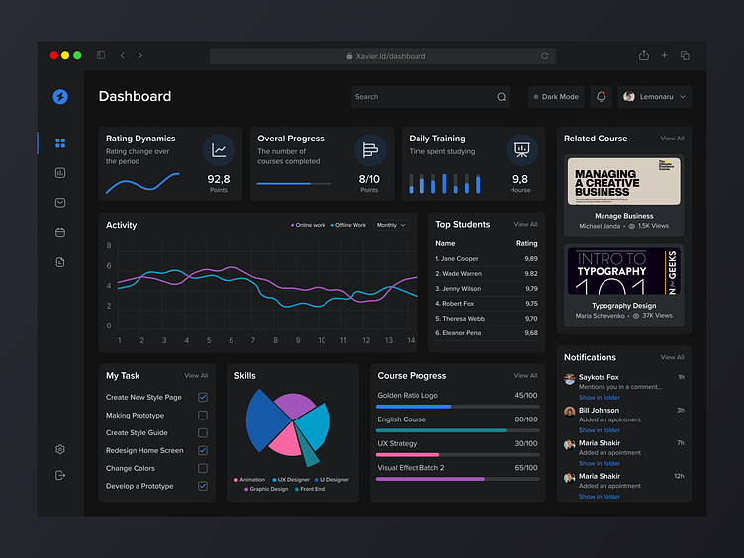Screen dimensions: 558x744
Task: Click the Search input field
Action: click(425, 97)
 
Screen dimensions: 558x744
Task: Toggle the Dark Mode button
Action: click(556, 97)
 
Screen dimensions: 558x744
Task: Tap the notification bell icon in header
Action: click(601, 97)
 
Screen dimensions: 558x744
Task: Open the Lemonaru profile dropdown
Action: click(655, 97)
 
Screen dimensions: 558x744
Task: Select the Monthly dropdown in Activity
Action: click(391, 226)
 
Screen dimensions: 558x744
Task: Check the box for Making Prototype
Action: click(203, 416)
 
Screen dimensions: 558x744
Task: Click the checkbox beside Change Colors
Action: click(203, 469)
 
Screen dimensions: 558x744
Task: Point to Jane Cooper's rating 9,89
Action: click(531, 259)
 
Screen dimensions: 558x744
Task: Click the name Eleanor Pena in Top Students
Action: click(462, 333)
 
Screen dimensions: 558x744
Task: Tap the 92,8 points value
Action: click(219, 179)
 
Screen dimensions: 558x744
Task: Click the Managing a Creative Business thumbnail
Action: click(623, 181)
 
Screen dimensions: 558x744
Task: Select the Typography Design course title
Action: click(623, 306)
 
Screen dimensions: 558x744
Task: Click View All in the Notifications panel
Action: click(672, 357)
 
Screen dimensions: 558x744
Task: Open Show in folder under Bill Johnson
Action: click(600, 430)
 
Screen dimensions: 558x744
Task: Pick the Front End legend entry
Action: click(311, 489)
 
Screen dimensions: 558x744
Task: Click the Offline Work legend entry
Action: click(349, 226)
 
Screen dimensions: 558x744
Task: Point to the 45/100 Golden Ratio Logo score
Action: click(525, 396)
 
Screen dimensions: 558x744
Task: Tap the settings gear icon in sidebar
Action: click(60, 449)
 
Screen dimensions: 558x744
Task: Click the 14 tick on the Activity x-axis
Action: click(410, 340)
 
